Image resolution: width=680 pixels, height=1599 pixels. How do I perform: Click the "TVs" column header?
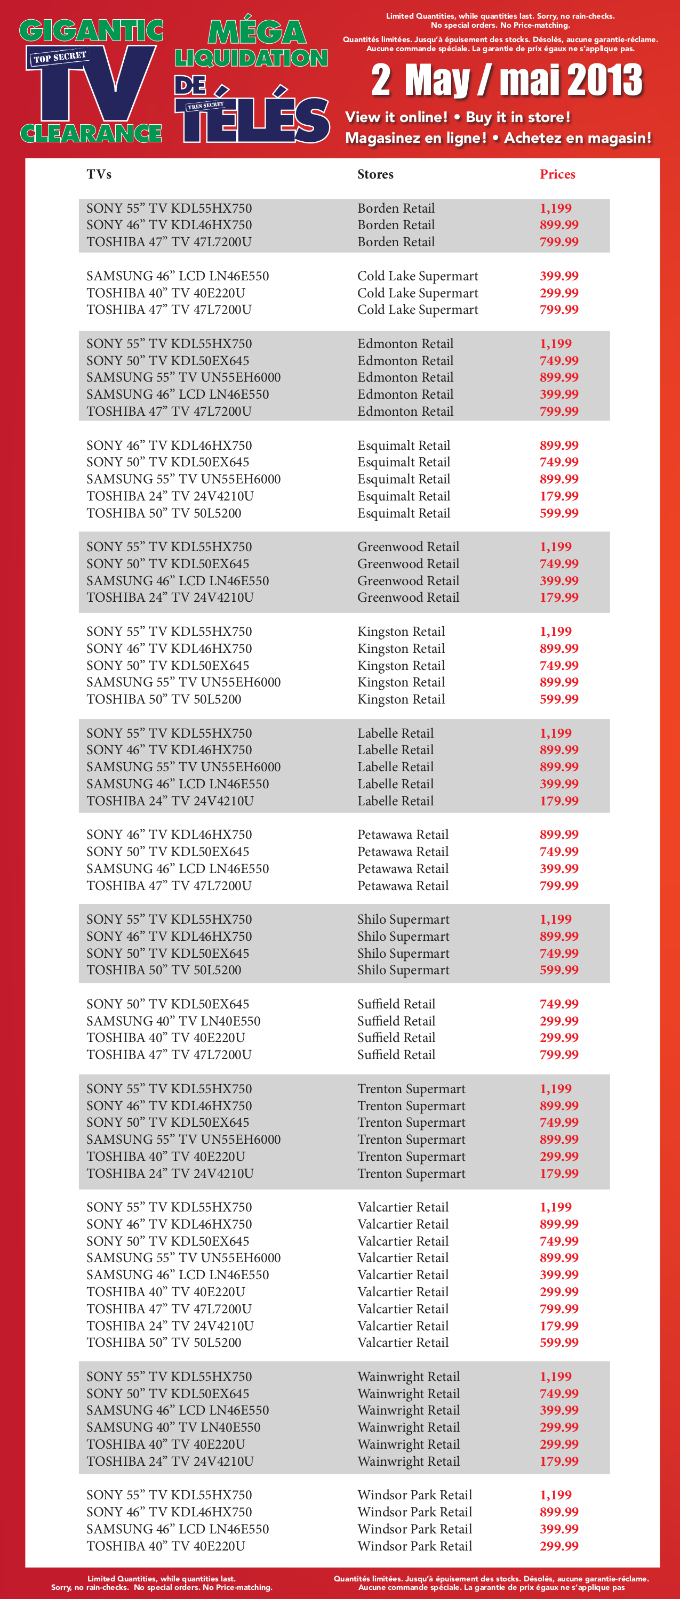tap(99, 174)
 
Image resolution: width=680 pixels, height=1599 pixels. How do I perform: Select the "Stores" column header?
tap(375, 174)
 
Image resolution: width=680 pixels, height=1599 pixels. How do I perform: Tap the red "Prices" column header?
tap(557, 174)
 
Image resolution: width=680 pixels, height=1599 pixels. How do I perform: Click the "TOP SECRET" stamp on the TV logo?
tap(60, 58)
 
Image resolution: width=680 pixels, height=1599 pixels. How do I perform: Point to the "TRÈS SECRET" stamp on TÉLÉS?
tap(205, 106)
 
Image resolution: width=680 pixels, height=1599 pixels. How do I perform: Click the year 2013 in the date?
tap(604, 80)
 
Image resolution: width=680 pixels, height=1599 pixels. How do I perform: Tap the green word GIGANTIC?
tap(91, 31)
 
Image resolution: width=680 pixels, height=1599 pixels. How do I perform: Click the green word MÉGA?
tap(257, 33)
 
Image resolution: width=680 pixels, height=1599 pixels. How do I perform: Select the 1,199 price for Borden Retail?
tap(555, 208)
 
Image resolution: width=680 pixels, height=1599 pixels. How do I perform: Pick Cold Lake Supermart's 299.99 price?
tap(558, 293)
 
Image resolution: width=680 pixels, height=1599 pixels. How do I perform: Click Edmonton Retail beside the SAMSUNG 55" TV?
tap(405, 377)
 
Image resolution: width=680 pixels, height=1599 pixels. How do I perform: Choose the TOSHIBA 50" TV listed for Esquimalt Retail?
tap(164, 513)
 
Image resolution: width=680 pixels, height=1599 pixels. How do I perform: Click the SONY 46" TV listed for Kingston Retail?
tap(169, 649)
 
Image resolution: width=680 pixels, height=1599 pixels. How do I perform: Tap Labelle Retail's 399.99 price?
tap(558, 784)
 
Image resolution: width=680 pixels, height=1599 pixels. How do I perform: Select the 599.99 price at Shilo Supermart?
tap(558, 970)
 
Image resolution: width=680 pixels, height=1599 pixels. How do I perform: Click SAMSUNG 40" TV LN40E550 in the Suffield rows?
tap(173, 1021)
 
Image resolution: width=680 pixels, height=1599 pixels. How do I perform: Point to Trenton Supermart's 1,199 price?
tap(555, 1089)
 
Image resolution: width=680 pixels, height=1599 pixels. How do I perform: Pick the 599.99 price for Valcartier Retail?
tap(558, 1343)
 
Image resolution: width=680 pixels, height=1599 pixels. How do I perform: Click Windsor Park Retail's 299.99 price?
tap(558, 1546)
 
